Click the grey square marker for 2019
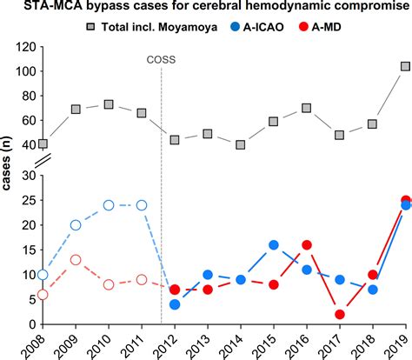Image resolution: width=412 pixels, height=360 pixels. click(405, 66)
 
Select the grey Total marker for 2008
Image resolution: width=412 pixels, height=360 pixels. click(43, 144)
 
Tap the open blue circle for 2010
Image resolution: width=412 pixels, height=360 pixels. click(109, 205)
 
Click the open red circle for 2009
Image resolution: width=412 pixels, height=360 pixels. click(76, 260)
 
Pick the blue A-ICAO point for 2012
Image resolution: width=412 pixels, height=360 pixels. click(175, 305)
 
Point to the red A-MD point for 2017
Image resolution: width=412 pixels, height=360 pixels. click(340, 315)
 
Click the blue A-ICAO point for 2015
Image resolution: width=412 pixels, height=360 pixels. click(274, 245)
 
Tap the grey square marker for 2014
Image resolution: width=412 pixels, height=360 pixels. click(241, 145)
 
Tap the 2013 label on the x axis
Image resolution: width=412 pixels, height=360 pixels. click(206, 344)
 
